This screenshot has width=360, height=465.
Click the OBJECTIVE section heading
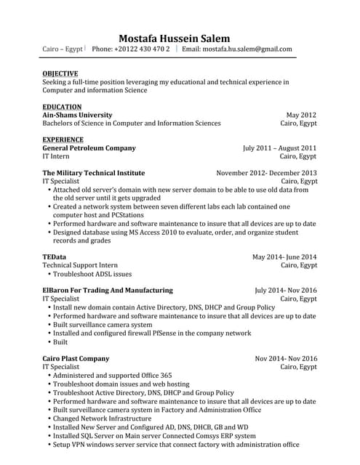[x=60, y=73]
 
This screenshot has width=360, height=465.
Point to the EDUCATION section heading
[x=62, y=107]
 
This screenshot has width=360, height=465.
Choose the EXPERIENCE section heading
[x=63, y=139]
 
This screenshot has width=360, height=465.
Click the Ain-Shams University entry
[x=77, y=115]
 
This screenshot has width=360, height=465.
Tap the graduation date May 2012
[x=301, y=115]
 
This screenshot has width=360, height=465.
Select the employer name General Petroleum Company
[x=89, y=147]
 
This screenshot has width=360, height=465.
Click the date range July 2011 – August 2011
[x=279, y=147]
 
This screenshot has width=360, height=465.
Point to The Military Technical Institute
[x=93, y=173]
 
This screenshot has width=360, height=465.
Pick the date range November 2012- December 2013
[x=266, y=173]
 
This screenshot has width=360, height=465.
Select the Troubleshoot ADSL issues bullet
[x=92, y=275]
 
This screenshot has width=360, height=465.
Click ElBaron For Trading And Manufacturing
[x=108, y=290]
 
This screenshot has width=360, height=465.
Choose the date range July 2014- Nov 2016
[x=286, y=290]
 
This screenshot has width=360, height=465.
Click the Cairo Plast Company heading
[x=76, y=359]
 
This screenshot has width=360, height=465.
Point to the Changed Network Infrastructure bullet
[x=110, y=418]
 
